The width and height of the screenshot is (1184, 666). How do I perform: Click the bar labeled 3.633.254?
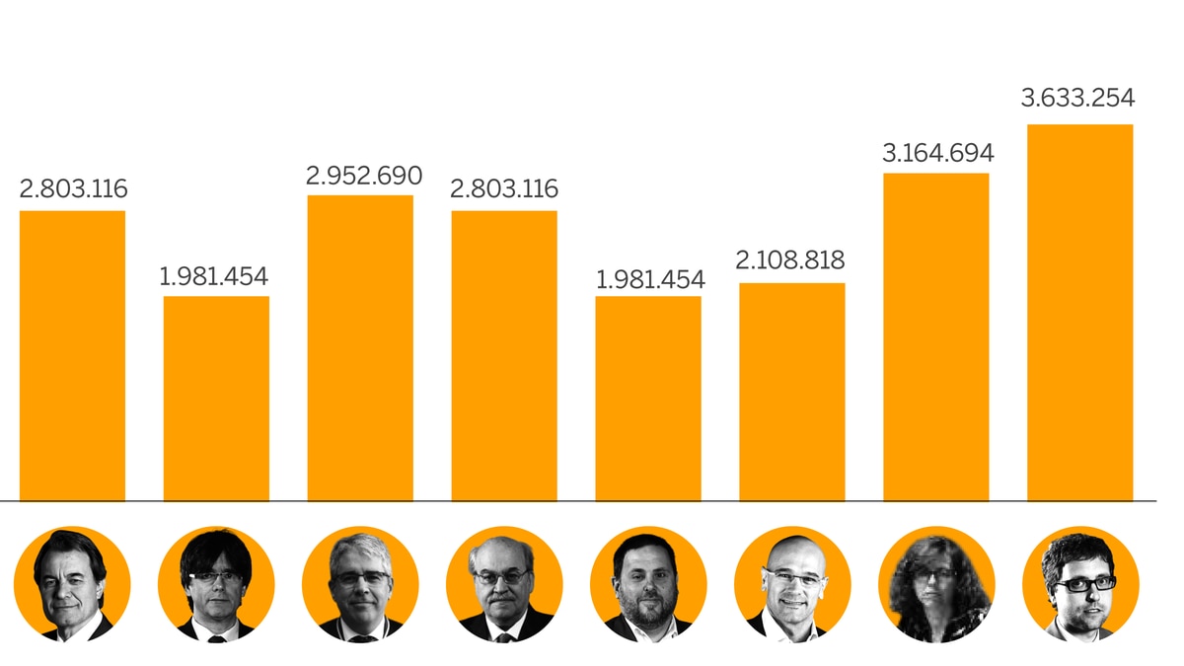(1079, 312)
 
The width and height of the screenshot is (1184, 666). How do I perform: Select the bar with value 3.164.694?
(935, 336)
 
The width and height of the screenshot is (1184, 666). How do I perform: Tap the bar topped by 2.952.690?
(360, 347)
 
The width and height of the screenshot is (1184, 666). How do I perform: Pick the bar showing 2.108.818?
(791, 392)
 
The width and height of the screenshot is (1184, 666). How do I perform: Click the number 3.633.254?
(1077, 99)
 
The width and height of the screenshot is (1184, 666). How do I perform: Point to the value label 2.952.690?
(363, 176)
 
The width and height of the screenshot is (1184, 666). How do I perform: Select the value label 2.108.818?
(790, 260)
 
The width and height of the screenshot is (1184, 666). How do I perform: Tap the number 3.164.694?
(937, 153)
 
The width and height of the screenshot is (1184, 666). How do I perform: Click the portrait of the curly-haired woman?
(936, 584)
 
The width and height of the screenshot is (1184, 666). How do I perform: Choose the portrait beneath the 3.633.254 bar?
(1080, 584)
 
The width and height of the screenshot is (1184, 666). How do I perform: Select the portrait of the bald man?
(792, 584)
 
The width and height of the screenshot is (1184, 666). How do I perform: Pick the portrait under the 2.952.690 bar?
(360, 584)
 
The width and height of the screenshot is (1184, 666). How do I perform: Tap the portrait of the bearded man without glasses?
(648, 584)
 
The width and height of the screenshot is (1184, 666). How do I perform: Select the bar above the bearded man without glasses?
(648, 398)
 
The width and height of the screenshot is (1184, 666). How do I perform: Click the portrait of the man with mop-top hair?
(216, 584)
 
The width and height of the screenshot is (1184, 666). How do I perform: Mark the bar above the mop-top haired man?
(216, 398)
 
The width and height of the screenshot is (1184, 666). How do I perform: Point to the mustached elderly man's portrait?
(504, 584)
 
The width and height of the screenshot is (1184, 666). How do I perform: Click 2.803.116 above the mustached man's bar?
(504, 188)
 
